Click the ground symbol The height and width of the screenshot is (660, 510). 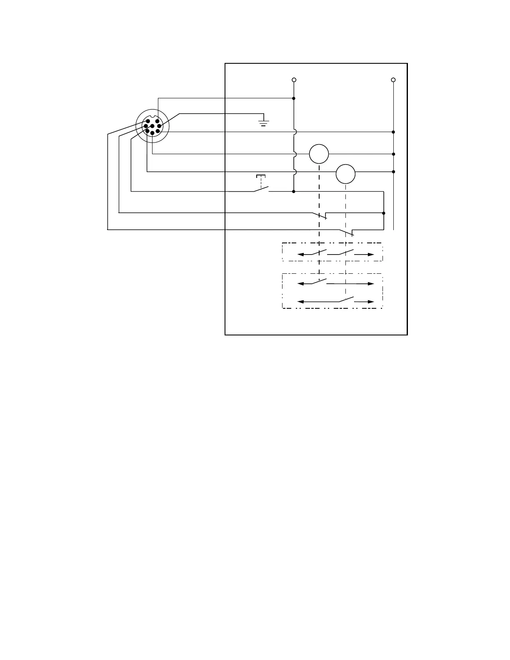[263, 122]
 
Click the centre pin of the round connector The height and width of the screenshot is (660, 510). [152, 126]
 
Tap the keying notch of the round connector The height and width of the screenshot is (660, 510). [152, 117]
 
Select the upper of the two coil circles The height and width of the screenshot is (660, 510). [319, 154]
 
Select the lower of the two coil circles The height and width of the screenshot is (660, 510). [345, 174]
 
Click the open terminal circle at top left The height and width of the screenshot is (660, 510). [294, 80]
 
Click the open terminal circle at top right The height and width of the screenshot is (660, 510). [393, 80]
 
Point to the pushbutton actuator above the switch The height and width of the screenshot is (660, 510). [261, 177]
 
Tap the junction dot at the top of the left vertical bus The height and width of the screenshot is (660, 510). [294, 98]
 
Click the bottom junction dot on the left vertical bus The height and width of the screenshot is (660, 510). [294, 192]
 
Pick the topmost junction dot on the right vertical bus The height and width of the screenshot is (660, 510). [393, 132]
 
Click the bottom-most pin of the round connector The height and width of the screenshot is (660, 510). [152, 133]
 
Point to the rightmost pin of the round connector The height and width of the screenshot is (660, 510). [159, 126]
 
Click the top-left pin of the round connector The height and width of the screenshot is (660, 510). [147, 121]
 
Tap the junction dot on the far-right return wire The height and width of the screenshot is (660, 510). [384, 213]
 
